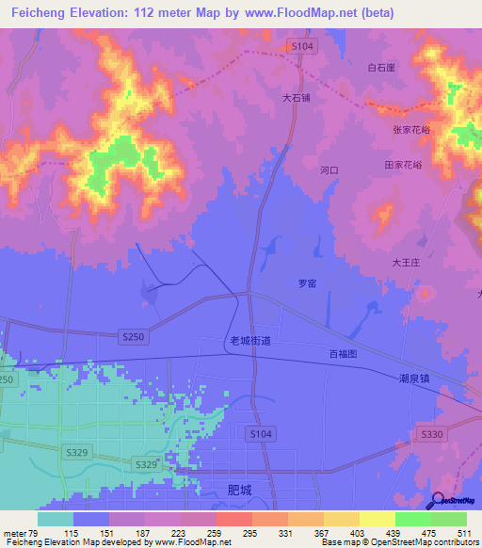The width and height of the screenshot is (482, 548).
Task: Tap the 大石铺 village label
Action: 295,96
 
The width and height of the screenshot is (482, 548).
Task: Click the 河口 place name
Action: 329,170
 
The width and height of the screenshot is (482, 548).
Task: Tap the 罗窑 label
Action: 307,282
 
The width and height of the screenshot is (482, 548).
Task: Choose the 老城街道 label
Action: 249,341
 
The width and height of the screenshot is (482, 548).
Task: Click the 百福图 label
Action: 345,354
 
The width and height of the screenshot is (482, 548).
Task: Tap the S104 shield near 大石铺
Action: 300,45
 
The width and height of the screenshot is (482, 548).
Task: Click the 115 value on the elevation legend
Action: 72,533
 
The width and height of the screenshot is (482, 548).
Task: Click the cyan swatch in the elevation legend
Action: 55,519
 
